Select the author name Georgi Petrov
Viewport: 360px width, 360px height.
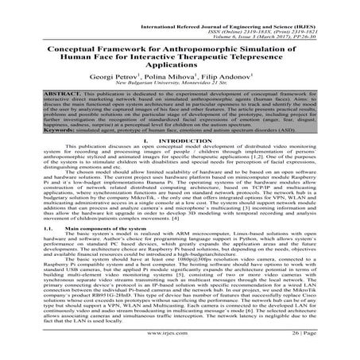coord(130,73)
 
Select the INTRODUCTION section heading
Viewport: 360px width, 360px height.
coord(192,162)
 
